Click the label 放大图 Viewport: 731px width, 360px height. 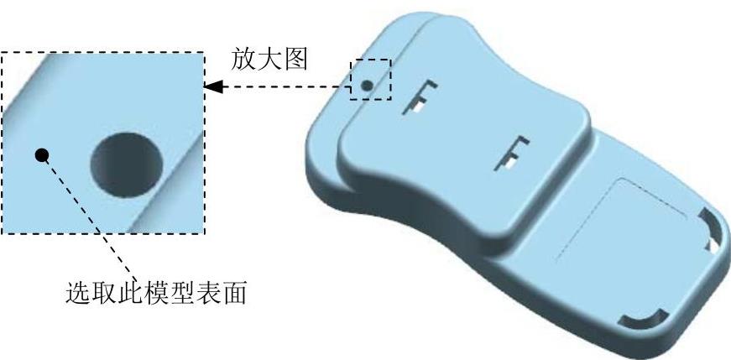(x=271, y=60)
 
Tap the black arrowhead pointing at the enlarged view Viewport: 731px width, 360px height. (x=214, y=86)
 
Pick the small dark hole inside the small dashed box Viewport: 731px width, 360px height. (x=367, y=85)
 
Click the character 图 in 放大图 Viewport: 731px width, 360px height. (x=298, y=60)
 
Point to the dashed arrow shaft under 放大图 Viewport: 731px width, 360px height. (x=285, y=86)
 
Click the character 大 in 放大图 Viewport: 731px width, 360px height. (x=271, y=60)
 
